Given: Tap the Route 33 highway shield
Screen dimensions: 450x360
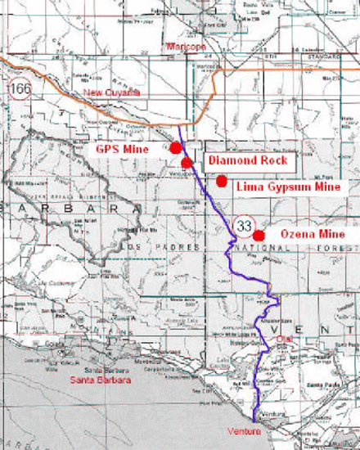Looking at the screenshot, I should click(244, 223).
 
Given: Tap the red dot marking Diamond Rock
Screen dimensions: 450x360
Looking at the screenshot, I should click(187, 162).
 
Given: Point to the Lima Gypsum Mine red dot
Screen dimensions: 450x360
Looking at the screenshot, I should click(221, 181).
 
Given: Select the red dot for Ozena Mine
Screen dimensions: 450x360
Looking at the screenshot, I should click(259, 236).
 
